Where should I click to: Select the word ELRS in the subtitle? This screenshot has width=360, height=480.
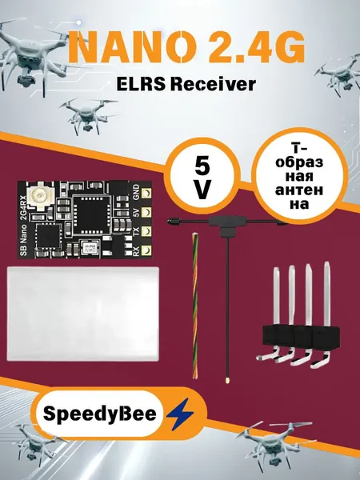click(141, 84)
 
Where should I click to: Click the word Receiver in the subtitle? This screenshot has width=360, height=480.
click(213, 84)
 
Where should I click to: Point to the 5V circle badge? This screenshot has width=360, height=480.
click(202, 176)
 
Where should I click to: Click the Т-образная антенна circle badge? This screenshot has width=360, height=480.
click(299, 176)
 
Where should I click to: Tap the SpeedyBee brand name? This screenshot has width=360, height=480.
click(100, 414)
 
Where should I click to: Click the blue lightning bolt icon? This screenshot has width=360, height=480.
click(180, 414)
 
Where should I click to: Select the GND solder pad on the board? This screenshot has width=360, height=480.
click(146, 193)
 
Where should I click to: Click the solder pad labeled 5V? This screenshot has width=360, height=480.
click(146, 212)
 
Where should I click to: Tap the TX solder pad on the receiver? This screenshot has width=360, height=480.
click(146, 231)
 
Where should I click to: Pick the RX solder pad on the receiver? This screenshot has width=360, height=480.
click(146, 250)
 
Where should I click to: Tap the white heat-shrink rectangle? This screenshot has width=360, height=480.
click(83, 314)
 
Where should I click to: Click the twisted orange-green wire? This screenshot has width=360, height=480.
click(195, 306)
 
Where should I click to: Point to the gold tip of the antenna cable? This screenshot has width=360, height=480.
click(227, 381)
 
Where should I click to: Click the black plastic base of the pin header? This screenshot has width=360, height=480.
click(301, 338)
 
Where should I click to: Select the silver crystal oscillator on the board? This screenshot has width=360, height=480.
click(90, 247)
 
